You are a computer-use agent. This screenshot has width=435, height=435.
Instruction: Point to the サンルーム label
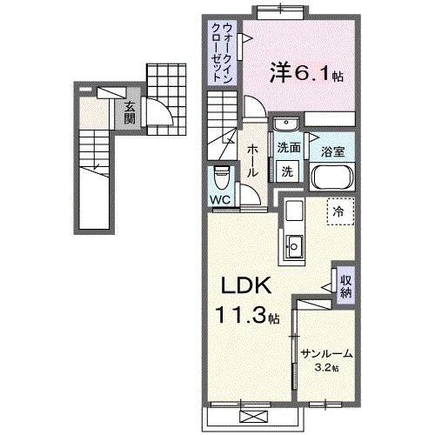pyautogui.click(x=326, y=352)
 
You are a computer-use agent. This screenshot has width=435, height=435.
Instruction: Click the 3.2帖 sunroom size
pyautogui.click(x=327, y=367)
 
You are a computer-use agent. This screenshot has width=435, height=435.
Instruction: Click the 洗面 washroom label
pyautogui.click(x=289, y=149)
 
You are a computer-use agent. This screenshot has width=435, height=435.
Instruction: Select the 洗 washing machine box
pyautogui.click(x=287, y=171)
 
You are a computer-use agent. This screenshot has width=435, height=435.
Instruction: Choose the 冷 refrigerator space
pyautogui.click(x=339, y=211)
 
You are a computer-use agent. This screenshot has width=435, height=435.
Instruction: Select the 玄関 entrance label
pyautogui.click(x=130, y=112)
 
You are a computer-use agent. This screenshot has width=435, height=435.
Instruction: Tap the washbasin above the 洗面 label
pyautogui.click(x=288, y=123)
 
